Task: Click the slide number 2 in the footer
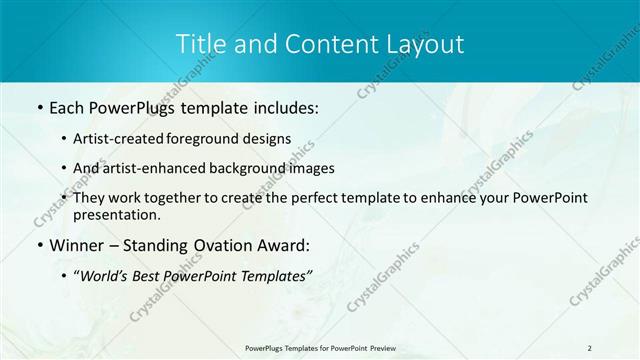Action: [589, 347]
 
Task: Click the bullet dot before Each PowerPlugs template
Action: [39, 108]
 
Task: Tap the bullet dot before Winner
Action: [39, 245]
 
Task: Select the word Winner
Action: [79, 245]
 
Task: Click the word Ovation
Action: [232, 245]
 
